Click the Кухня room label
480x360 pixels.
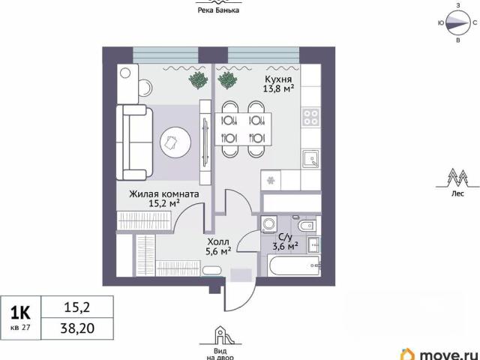click(x=278, y=80)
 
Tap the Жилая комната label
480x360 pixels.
click(x=164, y=194)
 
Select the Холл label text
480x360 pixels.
click(x=218, y=241)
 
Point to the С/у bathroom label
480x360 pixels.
click(x=285, y=237)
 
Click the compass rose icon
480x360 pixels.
click(x=457, y=23)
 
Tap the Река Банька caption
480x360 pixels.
click(x=218, y=10)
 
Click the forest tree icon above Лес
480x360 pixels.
click(x=457, y=178)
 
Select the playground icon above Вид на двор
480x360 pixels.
click(x=220, y=335)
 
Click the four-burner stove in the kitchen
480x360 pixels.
click(x=310, y=117)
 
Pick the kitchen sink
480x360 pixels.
click(x=310, y=158)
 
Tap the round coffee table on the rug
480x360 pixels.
click(x=175, y=142)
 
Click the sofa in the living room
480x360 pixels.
click(x=135, y=142)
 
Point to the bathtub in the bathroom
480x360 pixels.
click(x=295, y=265)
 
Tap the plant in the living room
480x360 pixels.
click(x=198, y=80)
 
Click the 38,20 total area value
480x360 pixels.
click(x=77, y=328)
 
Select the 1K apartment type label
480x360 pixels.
click(x=20, y=313)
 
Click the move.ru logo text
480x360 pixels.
click(x=448, y=355)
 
